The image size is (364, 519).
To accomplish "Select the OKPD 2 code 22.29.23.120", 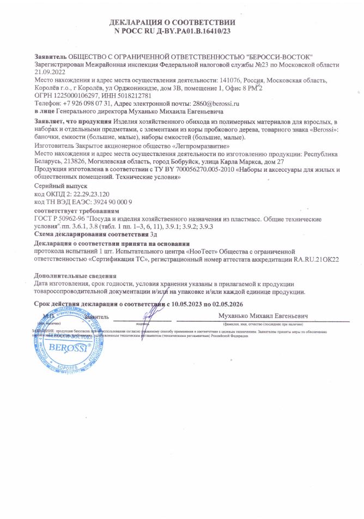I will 86,194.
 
